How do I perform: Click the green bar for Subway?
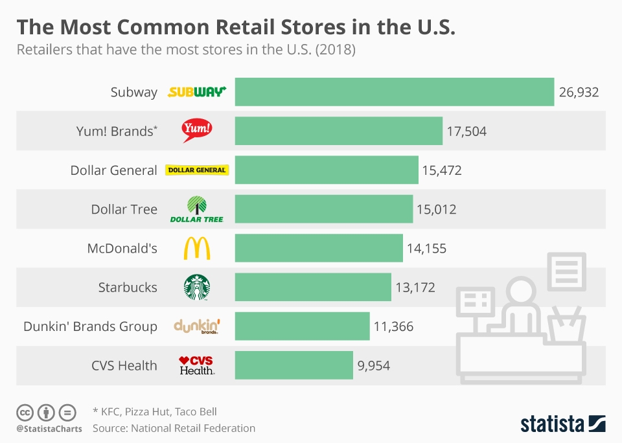point(394,92)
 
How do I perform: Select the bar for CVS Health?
point(294,365)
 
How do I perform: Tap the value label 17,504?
point(466,131)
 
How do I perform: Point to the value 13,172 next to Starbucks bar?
point(415,287)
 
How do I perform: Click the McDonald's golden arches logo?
point(197,248)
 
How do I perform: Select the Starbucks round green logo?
point(197,287)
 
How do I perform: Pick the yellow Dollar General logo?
point(197,170)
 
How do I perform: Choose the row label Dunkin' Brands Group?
point(90,326)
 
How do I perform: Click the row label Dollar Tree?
point(124,209)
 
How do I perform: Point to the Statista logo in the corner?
point(562,424)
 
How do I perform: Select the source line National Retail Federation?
point(193,428)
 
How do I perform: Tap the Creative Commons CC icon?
point(25,412)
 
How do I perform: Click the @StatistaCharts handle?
point(49,429)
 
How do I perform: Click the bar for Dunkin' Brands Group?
point(302,326)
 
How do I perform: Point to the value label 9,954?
point(374,365)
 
